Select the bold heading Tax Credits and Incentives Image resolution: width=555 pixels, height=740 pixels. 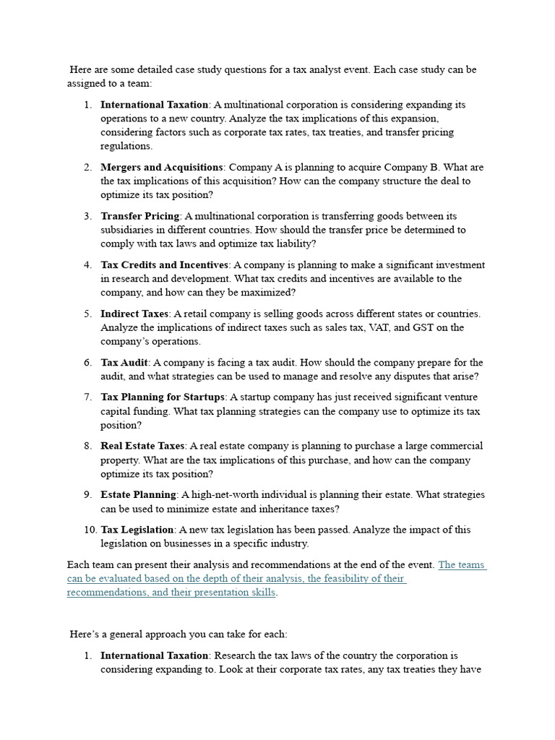coord(164,264)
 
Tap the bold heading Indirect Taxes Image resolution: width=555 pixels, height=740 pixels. coord(134,314)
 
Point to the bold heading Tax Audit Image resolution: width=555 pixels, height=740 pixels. coord(124,362)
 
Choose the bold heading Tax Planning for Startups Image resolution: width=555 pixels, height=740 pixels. coord(163,397)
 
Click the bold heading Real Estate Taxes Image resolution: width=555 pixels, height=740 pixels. coord(142,446)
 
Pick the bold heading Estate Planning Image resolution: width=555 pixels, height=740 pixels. coord(138,494)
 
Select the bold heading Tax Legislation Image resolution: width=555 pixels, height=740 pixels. coord(137,530)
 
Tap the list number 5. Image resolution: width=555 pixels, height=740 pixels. coord(88,314)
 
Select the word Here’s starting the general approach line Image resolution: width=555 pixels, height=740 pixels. coord(85,634)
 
